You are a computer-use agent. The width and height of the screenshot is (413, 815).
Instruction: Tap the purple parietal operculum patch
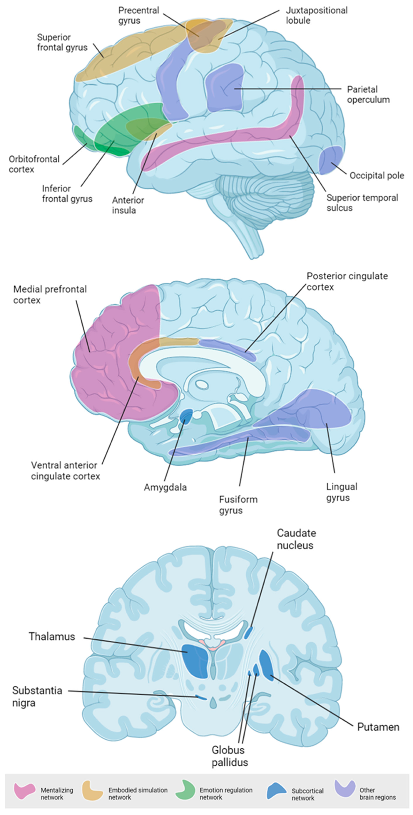point(224,87)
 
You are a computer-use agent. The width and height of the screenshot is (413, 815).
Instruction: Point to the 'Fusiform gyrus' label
point(238,505)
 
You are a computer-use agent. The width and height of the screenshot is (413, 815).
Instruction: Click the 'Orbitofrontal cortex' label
point(34,164)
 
